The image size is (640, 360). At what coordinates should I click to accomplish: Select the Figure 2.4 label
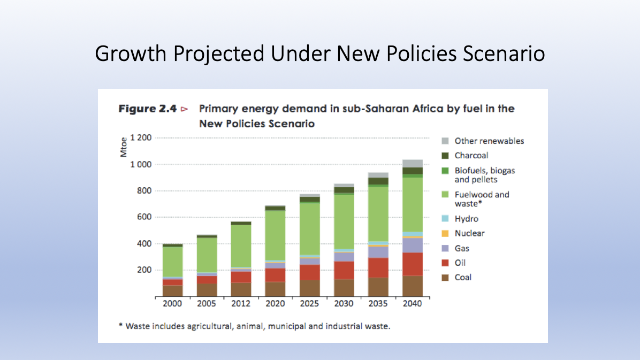tap(148, 109)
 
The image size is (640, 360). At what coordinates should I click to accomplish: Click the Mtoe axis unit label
tap(124, 148)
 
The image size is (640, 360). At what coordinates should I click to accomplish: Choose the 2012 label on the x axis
tap(241, 303)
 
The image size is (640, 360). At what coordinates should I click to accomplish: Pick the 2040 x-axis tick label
tap(413, 303)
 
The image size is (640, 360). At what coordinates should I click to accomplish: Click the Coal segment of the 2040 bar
tap(413, 286)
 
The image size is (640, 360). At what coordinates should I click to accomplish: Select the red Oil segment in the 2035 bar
tap(378, 267)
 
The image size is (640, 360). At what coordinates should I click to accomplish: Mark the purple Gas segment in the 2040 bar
tap(413, 245)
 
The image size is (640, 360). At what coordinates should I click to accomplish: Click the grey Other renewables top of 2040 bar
tap(413, 163)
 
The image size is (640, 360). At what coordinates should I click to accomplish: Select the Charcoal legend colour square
tap(445, 156)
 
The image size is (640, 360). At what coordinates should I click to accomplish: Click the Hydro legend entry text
tap(467, 219)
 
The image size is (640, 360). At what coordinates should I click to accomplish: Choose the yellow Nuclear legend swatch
tap(445, 233)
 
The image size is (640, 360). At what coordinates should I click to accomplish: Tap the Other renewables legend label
tap(489, 141)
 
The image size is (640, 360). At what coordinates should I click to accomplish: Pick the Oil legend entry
tap(460, 263)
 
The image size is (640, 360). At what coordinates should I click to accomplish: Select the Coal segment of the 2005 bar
tap(207, 289)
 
